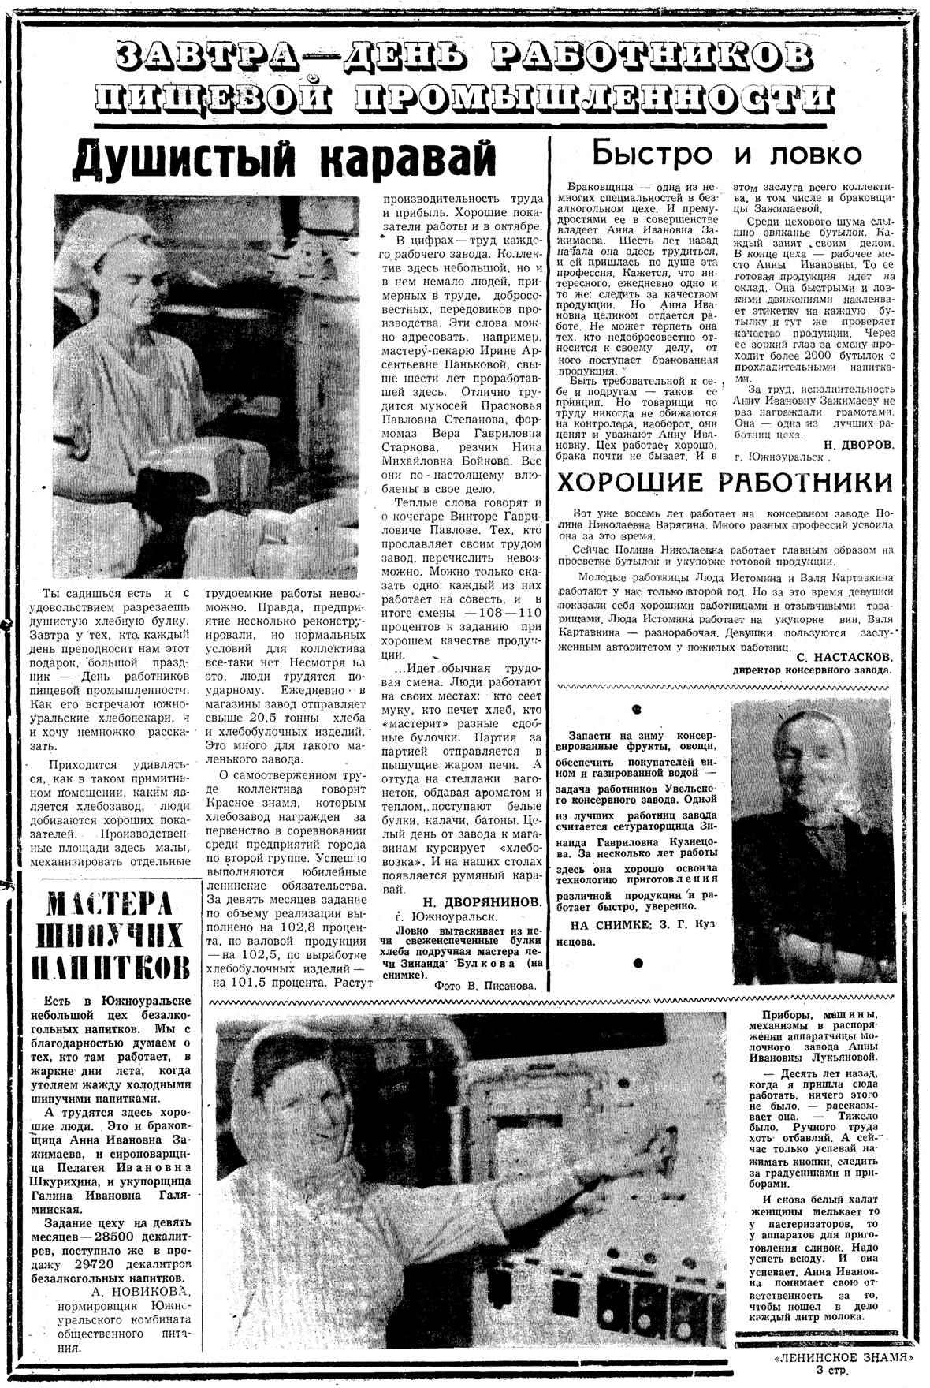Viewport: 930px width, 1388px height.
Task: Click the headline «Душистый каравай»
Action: click(285, 160)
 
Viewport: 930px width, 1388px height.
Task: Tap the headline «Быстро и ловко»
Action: click(727, 152)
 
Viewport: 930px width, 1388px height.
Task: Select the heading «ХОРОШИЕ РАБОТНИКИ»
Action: click(725, 481)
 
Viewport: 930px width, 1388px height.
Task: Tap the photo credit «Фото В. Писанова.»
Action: click(485, 985)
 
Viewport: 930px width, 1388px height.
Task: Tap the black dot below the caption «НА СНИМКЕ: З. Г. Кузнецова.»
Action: click(637, 963)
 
